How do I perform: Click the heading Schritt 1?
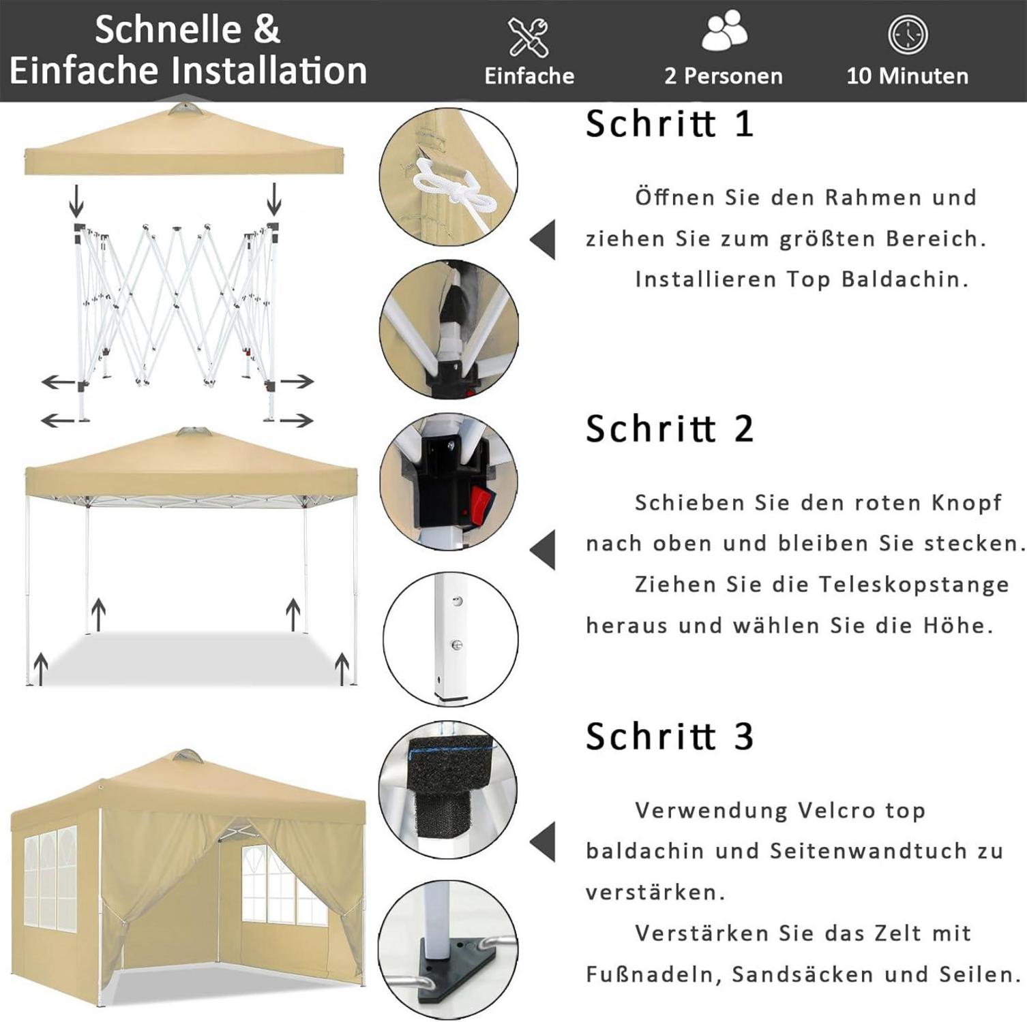(669, 124)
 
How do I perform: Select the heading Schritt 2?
(669, 429)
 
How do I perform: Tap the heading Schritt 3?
(669, 737)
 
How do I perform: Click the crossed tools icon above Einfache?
(529, 37)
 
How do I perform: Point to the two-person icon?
(724, 31)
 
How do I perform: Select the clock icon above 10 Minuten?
(908, 34)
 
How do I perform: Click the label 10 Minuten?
(908, 76)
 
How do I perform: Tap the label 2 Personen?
(724, 76)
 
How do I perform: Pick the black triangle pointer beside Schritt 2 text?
(543, 550)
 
